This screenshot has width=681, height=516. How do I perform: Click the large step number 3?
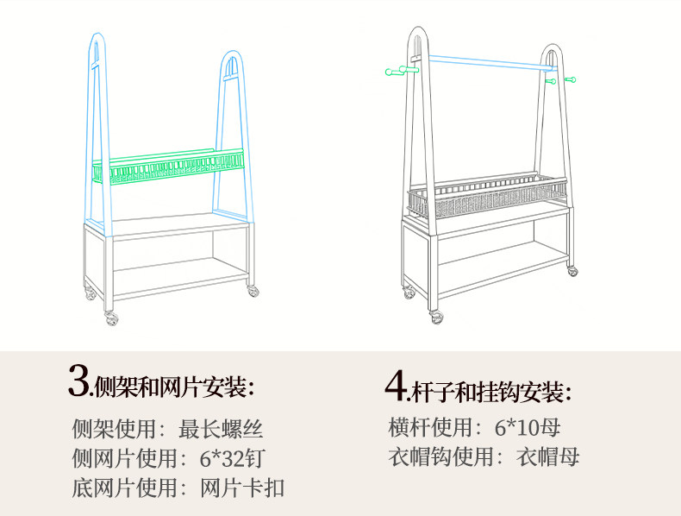[78, 381]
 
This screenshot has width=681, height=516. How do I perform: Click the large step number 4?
[395, 387]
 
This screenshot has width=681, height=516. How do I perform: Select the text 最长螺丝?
[221, 429]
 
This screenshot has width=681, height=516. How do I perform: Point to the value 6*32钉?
[233, 458]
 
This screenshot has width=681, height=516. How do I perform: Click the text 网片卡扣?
[241, 488]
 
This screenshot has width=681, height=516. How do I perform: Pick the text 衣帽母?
[547, 456]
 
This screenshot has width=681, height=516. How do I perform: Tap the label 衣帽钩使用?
[441, 456]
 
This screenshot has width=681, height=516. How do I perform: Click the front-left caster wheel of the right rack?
[436, 317]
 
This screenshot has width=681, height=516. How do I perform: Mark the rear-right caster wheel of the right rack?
[572, 271]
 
